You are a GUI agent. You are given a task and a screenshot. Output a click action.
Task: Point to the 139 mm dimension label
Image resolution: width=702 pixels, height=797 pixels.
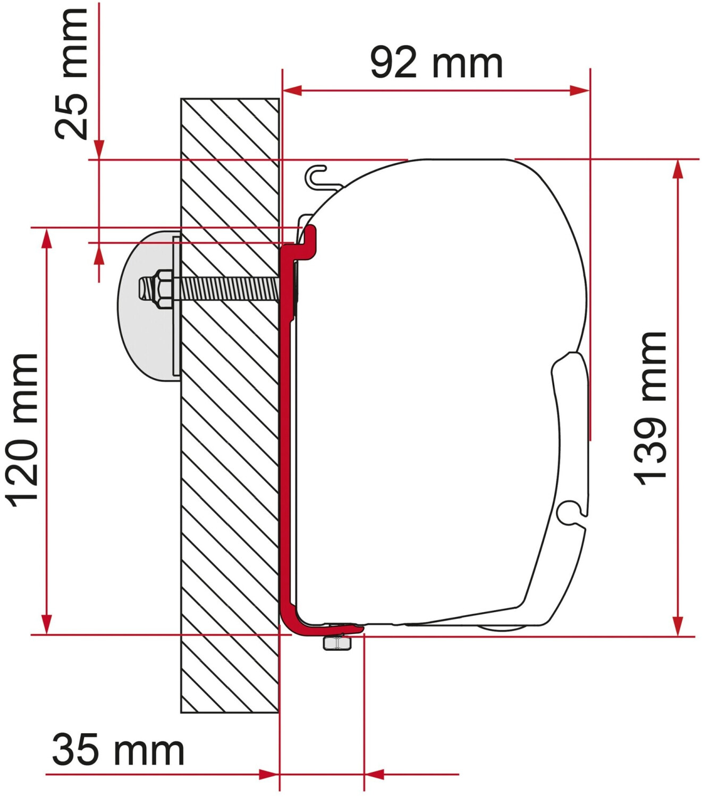point(649,409)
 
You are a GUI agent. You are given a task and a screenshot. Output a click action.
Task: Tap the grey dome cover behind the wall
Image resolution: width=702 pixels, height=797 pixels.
point(149,306)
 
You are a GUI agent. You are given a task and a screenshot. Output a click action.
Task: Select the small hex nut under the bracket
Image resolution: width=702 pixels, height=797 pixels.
point(337,643)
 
